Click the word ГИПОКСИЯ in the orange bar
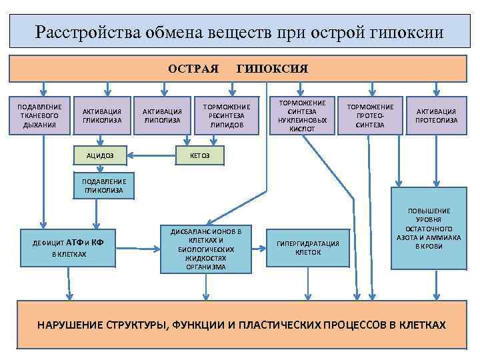(x=272, y=69)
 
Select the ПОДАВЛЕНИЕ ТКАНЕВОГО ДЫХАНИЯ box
(x=40, y=115)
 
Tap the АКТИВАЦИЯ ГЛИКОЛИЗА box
(x=102, y=115)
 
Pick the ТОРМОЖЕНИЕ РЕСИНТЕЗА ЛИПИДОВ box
(x=227, y=115)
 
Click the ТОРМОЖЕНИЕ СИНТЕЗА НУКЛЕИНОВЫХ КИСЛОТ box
(x=303, y=115)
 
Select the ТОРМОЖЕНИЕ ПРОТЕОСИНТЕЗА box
(x=371, y=115)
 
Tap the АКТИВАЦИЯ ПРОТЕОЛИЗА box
(x=437, y=115)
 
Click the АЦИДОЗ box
(x=99, y=155)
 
